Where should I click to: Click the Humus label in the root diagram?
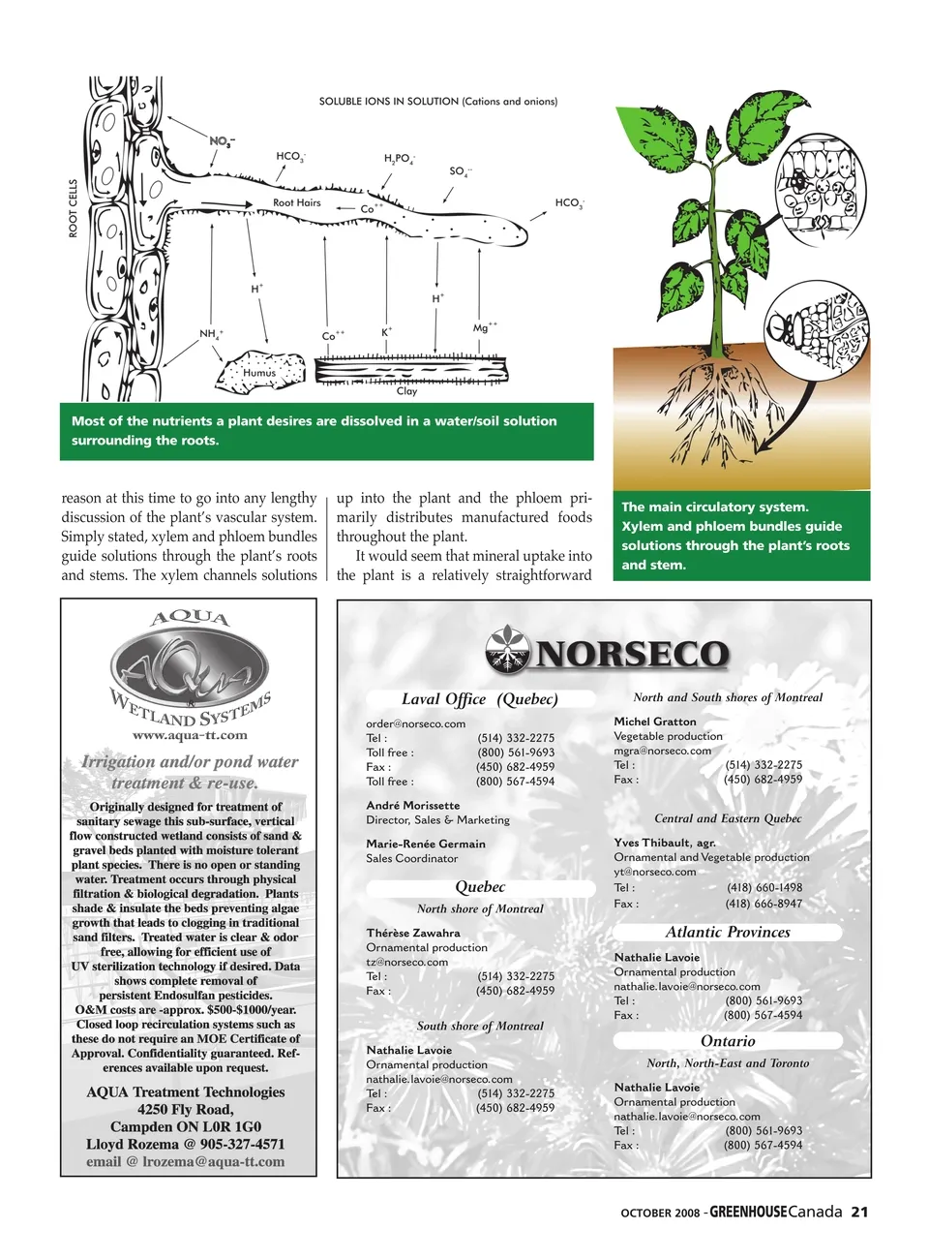point(259,372)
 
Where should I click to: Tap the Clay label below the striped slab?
point(406,391)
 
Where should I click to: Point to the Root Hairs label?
point(296,202)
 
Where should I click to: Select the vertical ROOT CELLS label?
point(74,208)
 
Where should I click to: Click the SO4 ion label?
point(460,171)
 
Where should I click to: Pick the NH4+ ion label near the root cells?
point(211,333)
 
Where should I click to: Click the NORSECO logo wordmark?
point(630,654)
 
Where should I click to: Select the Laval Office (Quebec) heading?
point(479,699)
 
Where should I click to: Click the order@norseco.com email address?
point(415,723)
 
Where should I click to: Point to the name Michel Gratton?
point(654,722)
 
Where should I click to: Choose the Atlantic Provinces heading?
point(728,932)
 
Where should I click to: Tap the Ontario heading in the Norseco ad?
point(728,1041)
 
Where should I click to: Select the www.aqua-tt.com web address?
point(190,735)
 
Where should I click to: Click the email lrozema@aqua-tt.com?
point(213,1161)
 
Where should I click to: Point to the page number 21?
point(859,1212)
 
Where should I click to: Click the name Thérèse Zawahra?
point(412,933)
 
